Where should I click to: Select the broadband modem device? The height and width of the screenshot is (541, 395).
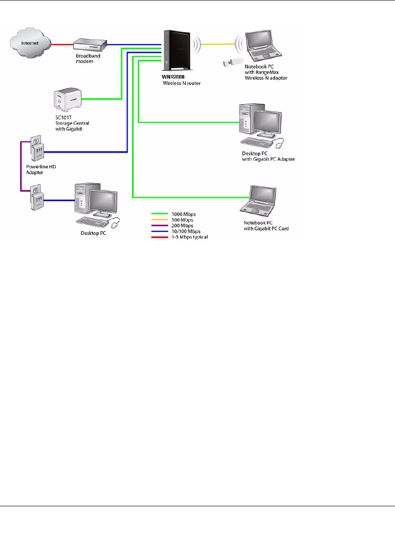pos(91,45)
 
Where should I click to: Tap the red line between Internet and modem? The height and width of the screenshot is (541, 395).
pos(62,45)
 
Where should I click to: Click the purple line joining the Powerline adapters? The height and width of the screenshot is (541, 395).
pos(20,167)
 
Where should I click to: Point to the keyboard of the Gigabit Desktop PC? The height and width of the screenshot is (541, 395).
pos(258,142)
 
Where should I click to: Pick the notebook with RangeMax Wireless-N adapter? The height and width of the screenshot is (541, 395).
pos(261,46)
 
